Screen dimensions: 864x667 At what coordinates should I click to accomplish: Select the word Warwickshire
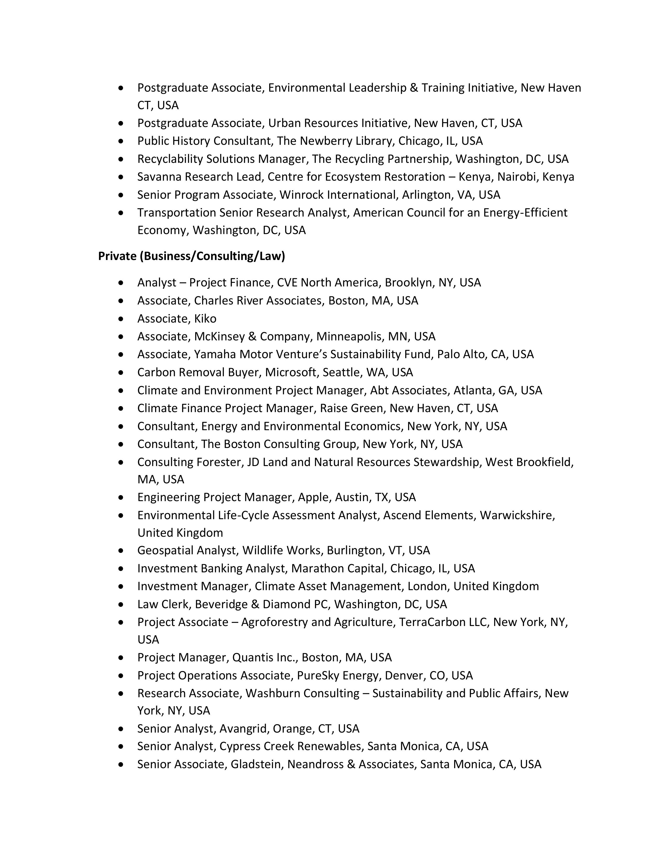click(x=517, y=515)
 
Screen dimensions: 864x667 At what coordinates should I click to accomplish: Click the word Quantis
click(x=249, y=657)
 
